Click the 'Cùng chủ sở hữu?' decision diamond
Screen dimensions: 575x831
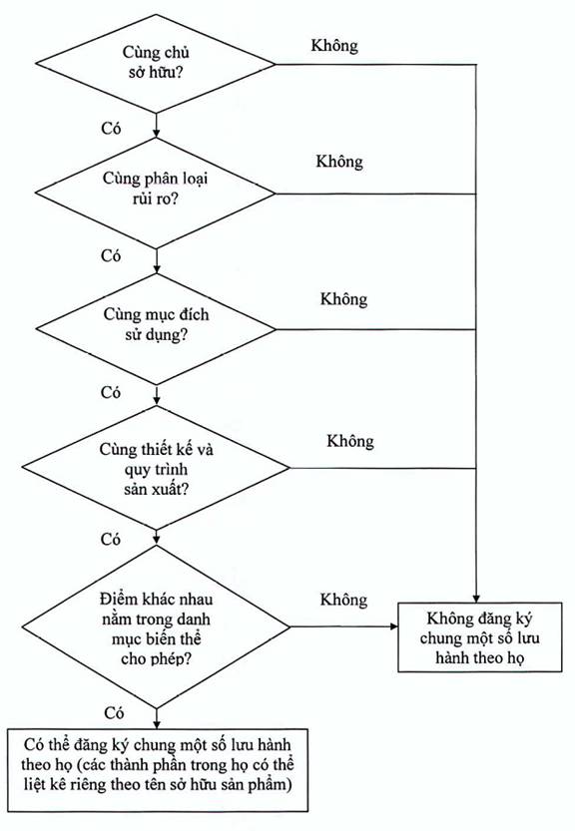[x=156, y=64]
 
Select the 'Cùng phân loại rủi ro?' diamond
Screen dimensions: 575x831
[x=156, y=193]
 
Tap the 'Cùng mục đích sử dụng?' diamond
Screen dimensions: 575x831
[x=156, y=329]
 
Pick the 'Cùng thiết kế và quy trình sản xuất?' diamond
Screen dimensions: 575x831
[x=156, y=468]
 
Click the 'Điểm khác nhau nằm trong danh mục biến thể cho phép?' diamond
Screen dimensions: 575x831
[x=156, y=626]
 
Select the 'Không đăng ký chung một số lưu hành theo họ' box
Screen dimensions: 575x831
[x=479, y=637]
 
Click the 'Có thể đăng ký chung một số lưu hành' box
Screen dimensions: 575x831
[x=158, y=770]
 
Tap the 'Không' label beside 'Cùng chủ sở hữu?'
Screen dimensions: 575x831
[x=334, y=46]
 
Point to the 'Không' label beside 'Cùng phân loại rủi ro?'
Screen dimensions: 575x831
[x=339, y=162]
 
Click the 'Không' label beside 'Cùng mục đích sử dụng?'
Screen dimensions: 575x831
[x=343, y=299]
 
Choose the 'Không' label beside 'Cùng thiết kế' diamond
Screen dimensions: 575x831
[x=350, y=441]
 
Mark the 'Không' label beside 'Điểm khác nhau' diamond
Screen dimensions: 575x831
[x=343, y=600]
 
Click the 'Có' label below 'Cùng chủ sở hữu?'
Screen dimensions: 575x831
[x=111, y=129]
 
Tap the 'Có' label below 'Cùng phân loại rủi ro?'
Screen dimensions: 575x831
[x=111, y=256]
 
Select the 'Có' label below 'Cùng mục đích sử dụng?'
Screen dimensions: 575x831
[x=111, y=393]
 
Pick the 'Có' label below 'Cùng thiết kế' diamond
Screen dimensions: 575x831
[x=111, y=540]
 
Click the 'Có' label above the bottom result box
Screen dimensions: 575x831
[x=114, y=713]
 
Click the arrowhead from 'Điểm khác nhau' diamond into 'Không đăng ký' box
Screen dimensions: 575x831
[x=393, y=626]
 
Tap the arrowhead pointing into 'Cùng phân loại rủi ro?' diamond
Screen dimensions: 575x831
[x=156, y=134]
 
